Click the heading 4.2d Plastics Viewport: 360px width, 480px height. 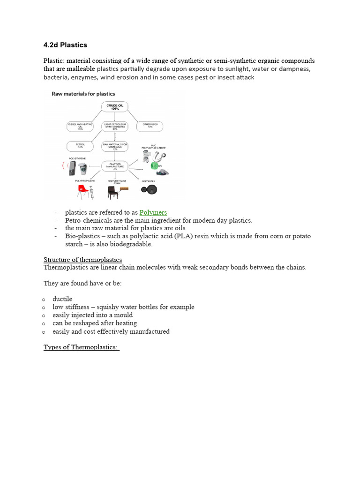(x=65, y=45)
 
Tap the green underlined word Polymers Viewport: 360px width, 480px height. (x=153, y=212)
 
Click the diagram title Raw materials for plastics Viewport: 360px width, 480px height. (x=83, y=94)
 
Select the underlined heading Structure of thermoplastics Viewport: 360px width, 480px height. (x=82, y=259)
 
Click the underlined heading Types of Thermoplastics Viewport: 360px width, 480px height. (x=81, y=347)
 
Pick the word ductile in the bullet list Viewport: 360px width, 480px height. (x=62, y=299)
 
